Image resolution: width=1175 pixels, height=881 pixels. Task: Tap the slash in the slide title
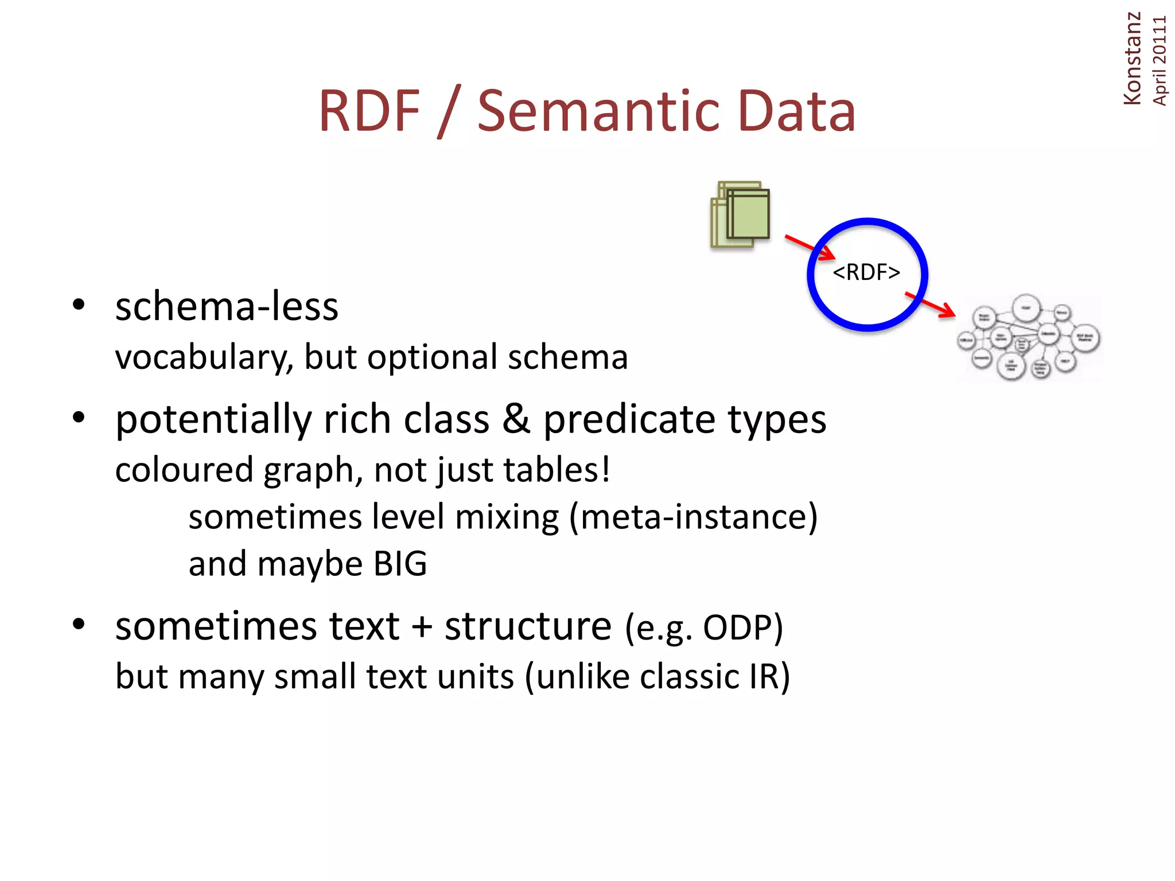(x=448, y=112)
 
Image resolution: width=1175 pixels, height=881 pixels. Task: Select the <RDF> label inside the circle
(x=866, y=272)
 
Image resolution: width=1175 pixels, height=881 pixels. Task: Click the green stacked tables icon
(x=741, y=215)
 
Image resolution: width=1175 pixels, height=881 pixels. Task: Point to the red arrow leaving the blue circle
(x=930, y=305)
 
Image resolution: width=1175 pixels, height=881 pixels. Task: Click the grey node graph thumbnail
(x=1028, y=338)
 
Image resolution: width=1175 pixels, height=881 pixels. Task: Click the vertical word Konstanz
(x=1132, y=59)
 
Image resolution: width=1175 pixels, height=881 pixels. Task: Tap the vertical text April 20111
(x=1160, y=61)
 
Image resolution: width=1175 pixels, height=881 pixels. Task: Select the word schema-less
(x=227, y=307)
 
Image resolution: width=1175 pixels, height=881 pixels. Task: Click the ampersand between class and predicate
(x=516, y=419)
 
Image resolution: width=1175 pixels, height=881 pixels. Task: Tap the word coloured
(x=184, y=470)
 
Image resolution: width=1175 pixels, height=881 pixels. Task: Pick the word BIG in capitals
(x=400, y=564)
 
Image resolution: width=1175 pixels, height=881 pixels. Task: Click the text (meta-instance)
(x=693, y=517)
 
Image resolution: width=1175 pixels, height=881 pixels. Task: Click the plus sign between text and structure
(x=422, y=626)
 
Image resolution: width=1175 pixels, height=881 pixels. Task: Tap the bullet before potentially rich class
(x=79, y=417)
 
